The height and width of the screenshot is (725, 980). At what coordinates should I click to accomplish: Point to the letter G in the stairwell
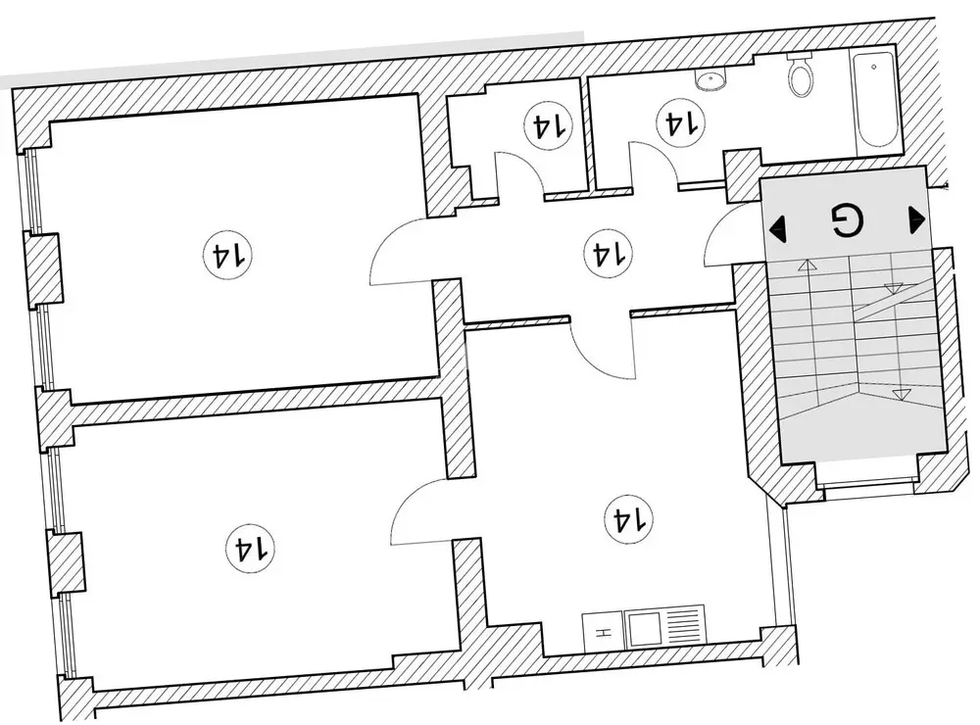point(844,221)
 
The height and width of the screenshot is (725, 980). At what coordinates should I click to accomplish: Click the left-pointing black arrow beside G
point(779,229)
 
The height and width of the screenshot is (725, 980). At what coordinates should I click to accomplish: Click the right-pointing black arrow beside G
point(917,219)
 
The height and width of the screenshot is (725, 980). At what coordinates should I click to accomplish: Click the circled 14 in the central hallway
point(605,255)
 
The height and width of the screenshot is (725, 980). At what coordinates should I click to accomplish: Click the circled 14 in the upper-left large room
point(227,257)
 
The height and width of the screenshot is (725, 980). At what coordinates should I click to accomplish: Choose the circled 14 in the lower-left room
point(250,547)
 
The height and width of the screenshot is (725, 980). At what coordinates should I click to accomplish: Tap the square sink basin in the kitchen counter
point(644,627)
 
